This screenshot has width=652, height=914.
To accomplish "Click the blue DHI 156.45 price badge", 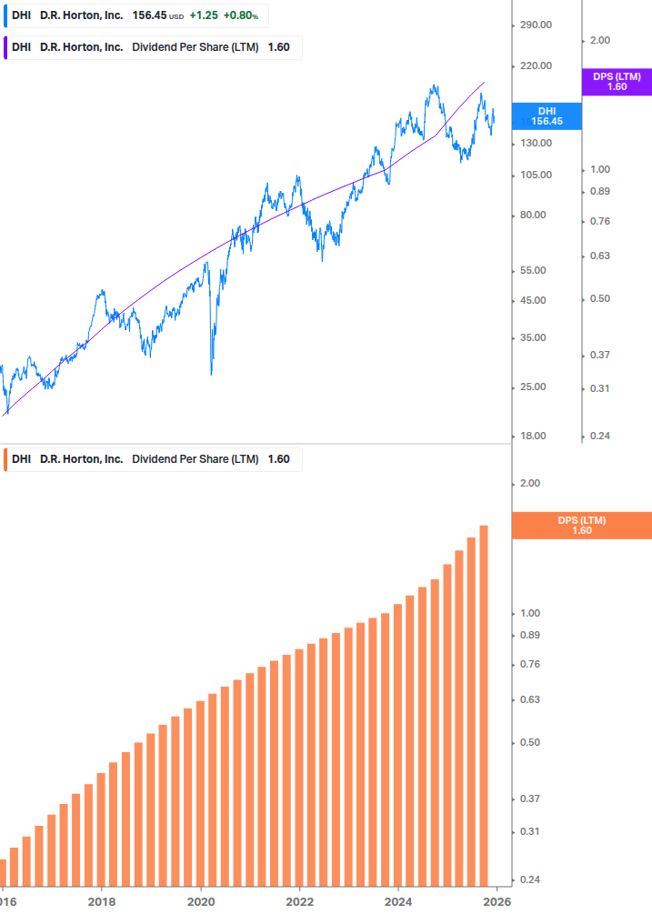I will pyautogui.click(x=547, y=116).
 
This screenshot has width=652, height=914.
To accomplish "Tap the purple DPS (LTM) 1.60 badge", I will pyautogui.click(x=617, y=82).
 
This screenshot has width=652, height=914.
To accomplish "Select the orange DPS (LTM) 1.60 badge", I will pyautogui.click(x=582, y=525).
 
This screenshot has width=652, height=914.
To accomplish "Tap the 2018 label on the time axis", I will pyautogui.click(x=101, y=901).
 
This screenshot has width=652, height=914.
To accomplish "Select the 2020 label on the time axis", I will pyautogui.click(x=200, y=901).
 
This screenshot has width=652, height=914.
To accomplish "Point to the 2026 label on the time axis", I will pyautogui.click(x=496, y=901).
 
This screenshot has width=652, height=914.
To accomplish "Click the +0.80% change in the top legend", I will pyautogui.click(x=241, y=15).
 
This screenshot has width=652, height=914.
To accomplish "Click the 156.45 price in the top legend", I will pyautogui.click(x=149, y=15).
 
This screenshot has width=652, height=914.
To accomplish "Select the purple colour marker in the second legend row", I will pyautogui.click(x=6, y=47).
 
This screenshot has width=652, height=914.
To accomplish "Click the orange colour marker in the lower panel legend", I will pyautogui.click(x=6, y=458).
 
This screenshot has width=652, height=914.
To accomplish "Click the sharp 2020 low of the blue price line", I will pyautogui.click(x=211, y=373).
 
